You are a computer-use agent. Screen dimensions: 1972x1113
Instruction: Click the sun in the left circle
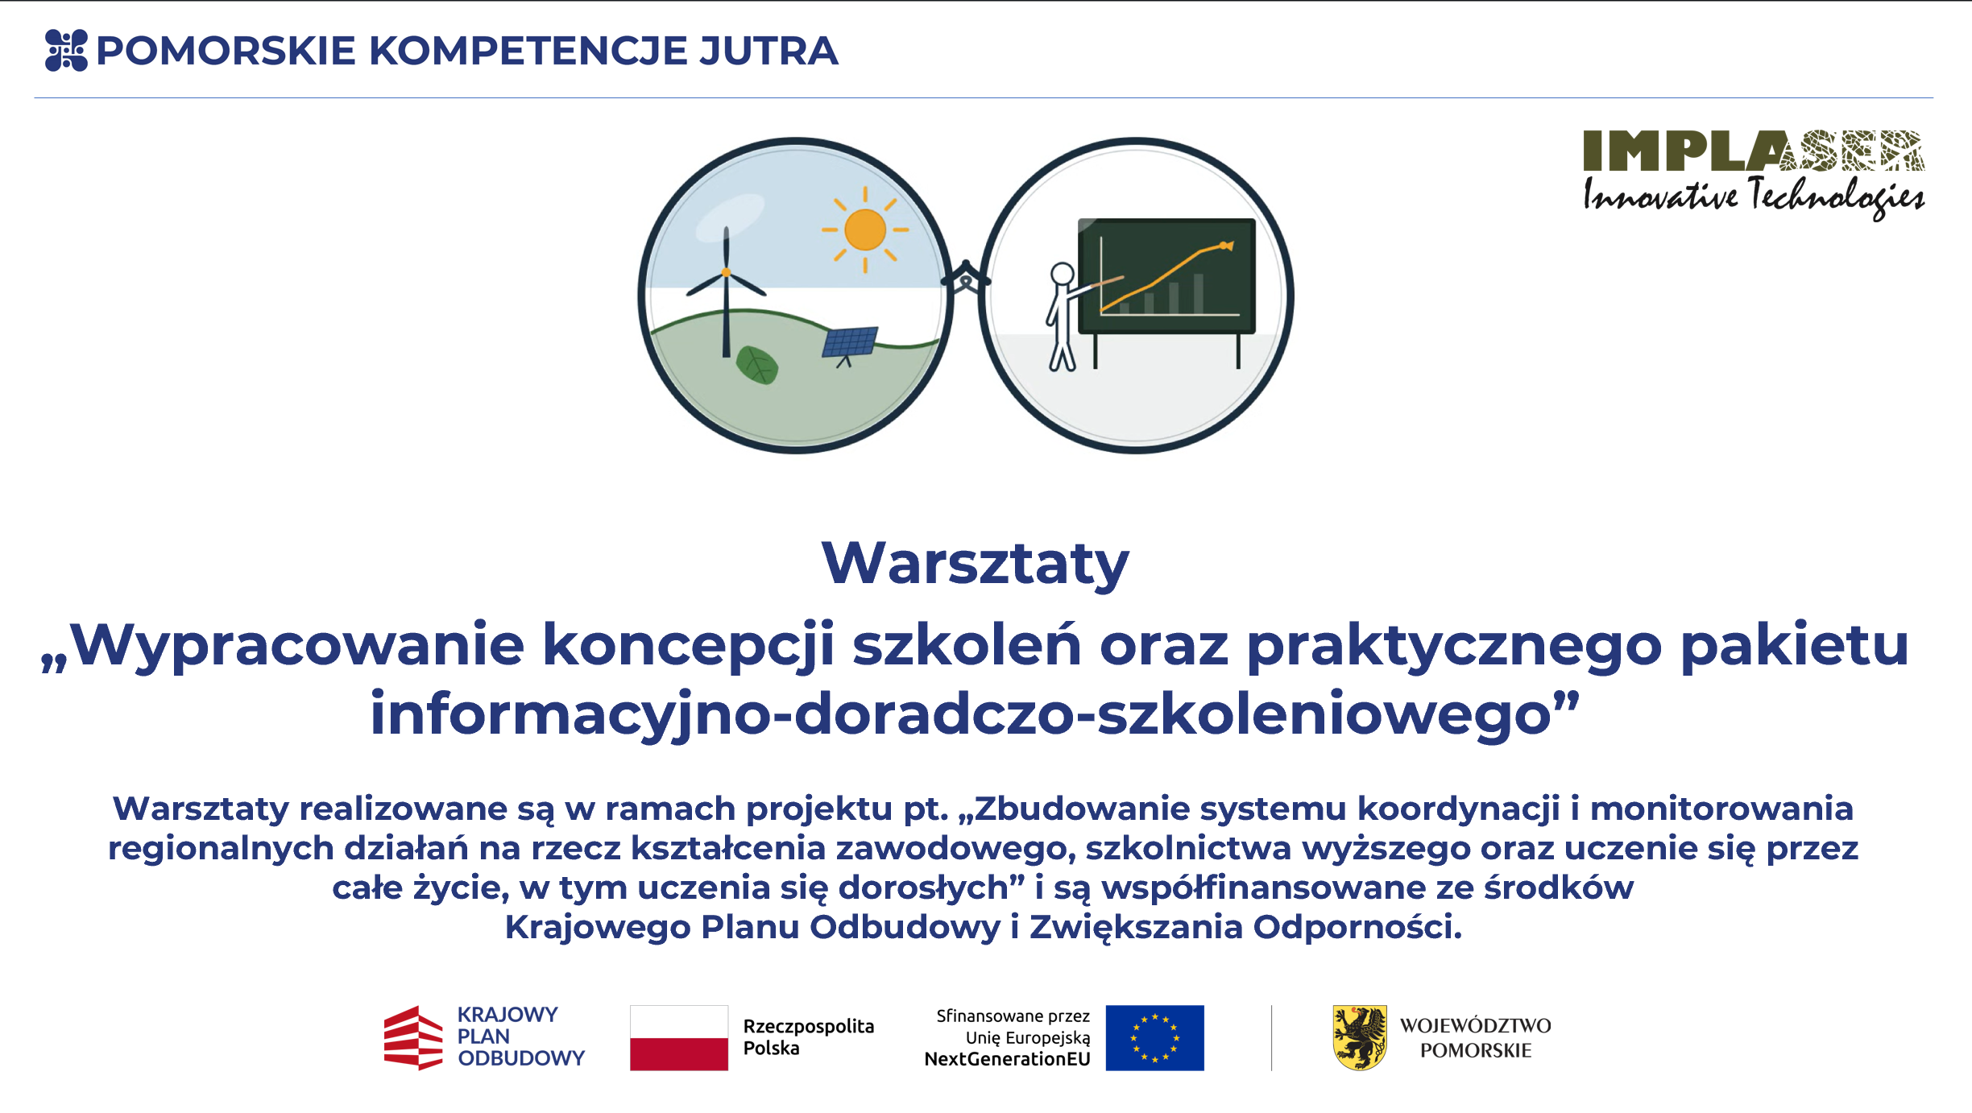click(865, 230)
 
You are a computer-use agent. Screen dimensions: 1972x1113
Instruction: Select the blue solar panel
click(850, 342)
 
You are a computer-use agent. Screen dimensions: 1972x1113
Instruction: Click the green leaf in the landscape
click(757, 366)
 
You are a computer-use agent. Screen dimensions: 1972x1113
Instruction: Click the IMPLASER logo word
click(1754, 151)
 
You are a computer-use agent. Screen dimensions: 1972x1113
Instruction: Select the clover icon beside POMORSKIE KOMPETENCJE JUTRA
click(66, 51)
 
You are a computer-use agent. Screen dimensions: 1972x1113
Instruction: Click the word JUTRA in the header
click(768, 51)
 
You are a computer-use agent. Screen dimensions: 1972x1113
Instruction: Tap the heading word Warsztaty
click(976, 563)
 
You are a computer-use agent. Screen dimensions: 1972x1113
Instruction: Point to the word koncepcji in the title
click(689, 646)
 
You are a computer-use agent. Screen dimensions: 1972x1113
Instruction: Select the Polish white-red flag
click(679, 1037)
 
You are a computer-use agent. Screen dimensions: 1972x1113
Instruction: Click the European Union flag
click(1154, 1037)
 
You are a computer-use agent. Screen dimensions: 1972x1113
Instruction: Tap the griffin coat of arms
click(1360, 1037)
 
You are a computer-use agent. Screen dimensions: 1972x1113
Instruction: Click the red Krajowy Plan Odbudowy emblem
click(413, 1037)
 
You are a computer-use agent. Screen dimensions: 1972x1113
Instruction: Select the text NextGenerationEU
click(1007, 1059)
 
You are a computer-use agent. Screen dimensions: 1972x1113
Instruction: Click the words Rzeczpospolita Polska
click(808, 1037)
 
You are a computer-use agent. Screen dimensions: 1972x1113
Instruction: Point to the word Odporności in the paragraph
click(1357, 928)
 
